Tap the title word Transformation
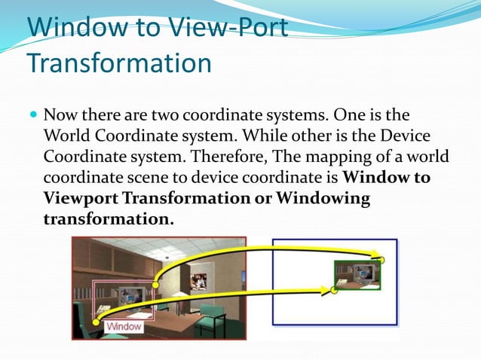pyautogui.click(x=119, y=63)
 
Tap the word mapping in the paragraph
pyautogui.click(x=346, y=157)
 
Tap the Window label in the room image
pyautogui.click(x=123, y=327)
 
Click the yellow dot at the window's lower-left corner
pyautogui.click(x=96, y=322)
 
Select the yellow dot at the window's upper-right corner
pyautogui.click(x=156, y=285)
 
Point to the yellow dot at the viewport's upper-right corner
pyautogui.click(x=381, y=261)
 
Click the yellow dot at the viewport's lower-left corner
pyautogui.click(x=334, y=288)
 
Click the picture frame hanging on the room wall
pyautogui.click(x=199, y=281)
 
